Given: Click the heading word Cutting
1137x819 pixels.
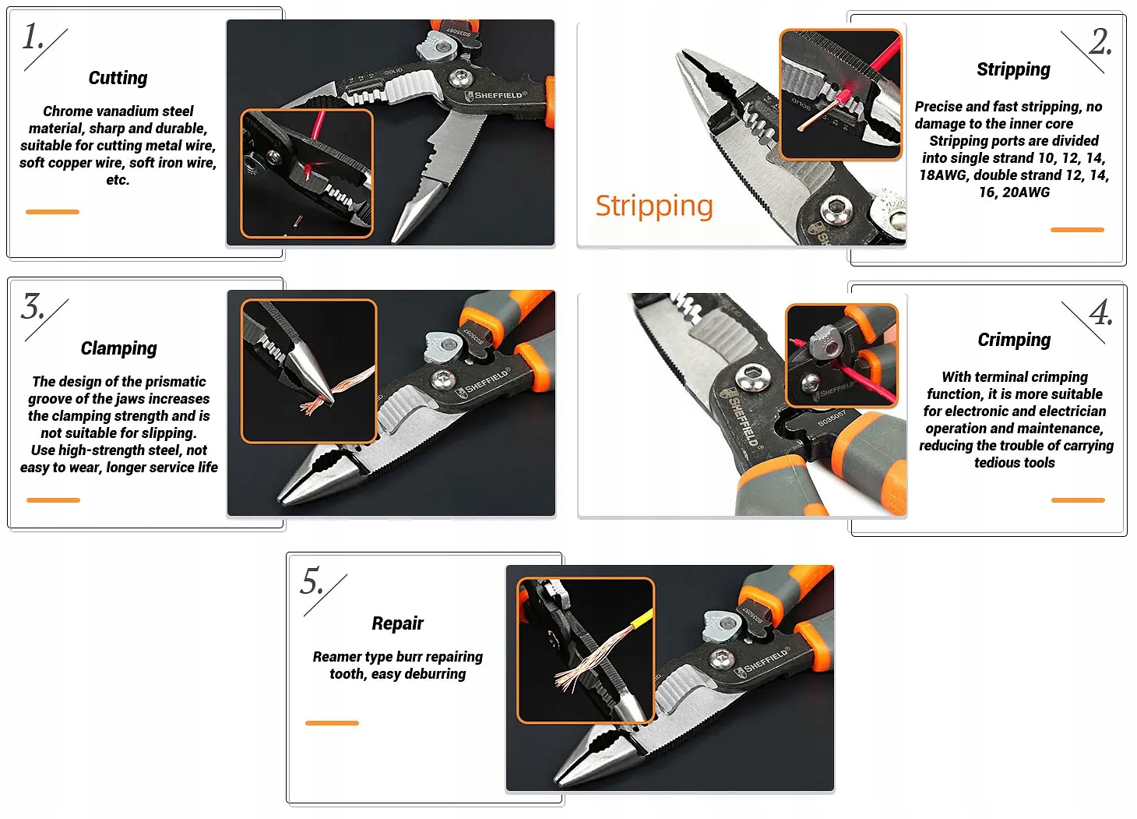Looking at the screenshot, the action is tap(118, 78).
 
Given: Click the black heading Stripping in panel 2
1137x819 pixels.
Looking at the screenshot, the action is tap(1014, 69).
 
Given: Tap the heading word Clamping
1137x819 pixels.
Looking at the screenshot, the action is tap(119, 348).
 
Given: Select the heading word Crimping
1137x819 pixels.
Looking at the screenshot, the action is tap(1014, 340).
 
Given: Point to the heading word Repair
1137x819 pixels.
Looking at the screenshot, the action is tap(397, 623).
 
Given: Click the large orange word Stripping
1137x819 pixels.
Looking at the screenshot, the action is tap(654, 207).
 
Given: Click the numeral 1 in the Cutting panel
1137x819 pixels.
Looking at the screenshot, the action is tap(31, 37).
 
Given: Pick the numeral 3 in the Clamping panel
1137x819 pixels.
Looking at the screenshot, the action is tap(32, 306).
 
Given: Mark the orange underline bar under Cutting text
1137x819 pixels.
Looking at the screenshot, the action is tap(52, 212).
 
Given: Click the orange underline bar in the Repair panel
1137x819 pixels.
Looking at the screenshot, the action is tap(332, 723).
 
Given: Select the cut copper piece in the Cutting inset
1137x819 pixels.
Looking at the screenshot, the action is tap(298, 221).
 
